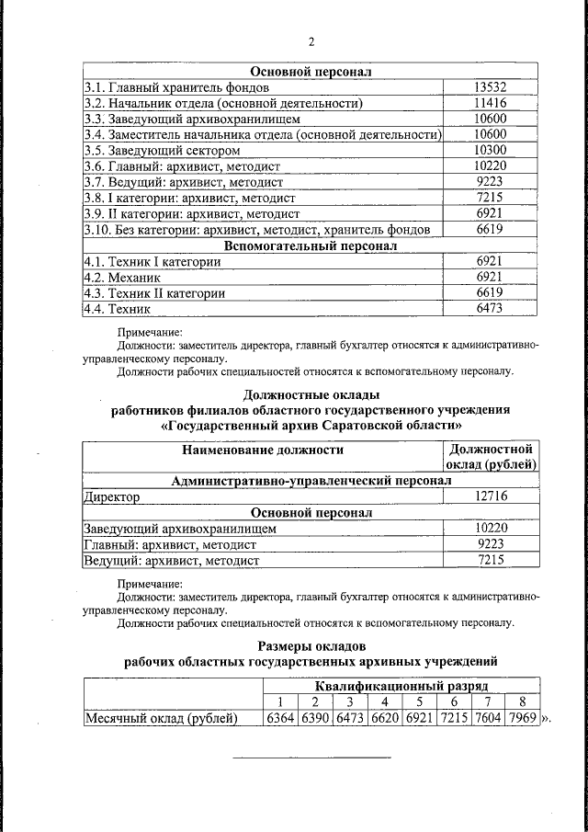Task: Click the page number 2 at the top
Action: (311, 42)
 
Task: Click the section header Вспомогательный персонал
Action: (311, 245)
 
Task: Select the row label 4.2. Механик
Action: (122, 277)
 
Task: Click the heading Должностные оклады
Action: (311, 394)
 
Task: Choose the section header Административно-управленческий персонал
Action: (311, 481)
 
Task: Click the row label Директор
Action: (111, 496)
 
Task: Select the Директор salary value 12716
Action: (492, 496)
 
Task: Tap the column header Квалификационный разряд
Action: (401, 686)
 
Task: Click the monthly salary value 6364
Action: (281, 718)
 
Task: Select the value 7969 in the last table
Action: (522, 718)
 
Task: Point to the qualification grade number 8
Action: (522, 702)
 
